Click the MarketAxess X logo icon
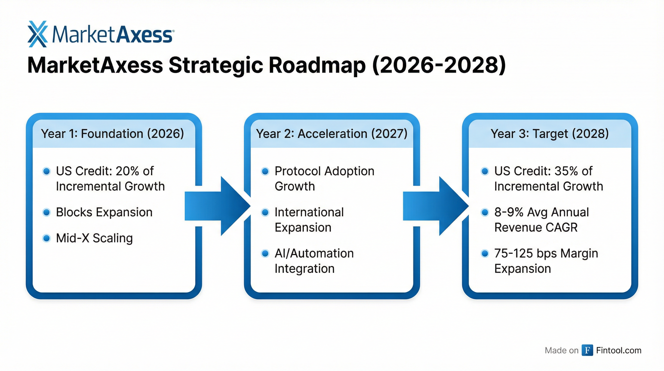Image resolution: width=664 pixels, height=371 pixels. click(x=38, y=34)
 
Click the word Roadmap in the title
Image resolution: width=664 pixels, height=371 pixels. click(x=317, y=65)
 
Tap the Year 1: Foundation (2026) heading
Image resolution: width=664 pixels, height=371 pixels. click(x=112, y=134)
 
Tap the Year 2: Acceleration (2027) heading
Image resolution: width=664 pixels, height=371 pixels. click(x=332, y=134)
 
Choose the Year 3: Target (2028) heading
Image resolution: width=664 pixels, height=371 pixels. click(x=550, y=134)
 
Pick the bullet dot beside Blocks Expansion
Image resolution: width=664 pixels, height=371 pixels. click(x=47, y=212)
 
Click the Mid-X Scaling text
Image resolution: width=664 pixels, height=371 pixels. click(x=94, y=238)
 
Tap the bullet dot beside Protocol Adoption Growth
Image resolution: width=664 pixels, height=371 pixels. click(x=265, y=171)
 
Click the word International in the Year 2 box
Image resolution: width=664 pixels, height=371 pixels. click(x=309, y=212)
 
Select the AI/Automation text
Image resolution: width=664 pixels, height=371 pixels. click(x=314, y=253)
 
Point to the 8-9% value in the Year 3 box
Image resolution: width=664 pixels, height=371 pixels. click(x=509, y=212)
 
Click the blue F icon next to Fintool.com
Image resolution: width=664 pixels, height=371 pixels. click(x=587, y=350)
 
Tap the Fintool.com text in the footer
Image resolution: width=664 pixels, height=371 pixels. click(x=619, y=350)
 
